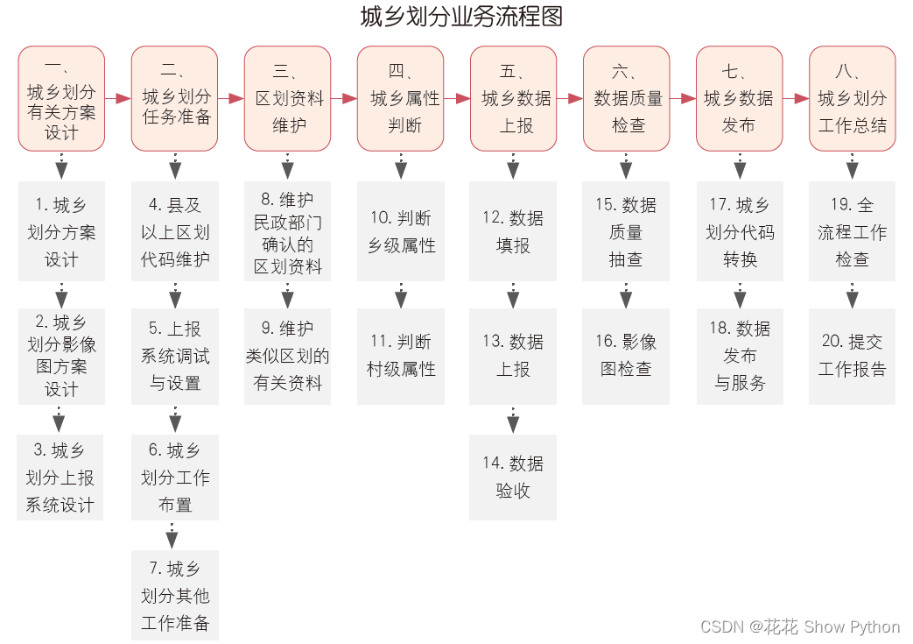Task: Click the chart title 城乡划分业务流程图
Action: tap(460, 18)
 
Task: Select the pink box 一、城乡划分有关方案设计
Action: tap(61, 99)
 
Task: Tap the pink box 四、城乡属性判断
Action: tap(400, 99)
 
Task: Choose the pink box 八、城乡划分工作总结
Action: tap(852, 99)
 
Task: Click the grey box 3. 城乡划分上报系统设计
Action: tap(60, 478)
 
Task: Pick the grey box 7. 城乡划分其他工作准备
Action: tap(175, 596)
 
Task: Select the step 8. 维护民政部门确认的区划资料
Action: tap(287, 232)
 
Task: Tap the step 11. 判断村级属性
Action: tap(400, 356)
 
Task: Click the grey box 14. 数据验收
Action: tap(513, 477)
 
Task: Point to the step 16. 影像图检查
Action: tap(626, 356)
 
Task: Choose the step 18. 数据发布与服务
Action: tap(740, 356)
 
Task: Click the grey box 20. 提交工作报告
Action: tap(852, 356)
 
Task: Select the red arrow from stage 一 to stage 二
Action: tap(118, 99)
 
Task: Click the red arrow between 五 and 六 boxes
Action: tap(570, 99)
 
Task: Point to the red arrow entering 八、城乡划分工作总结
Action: tap(796, 99)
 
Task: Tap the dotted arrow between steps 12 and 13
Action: tap(513, 294)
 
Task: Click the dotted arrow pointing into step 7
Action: tap(172, 535)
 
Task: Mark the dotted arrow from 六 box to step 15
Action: tap(626, 166)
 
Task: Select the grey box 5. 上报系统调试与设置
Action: tap(175, 356)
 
